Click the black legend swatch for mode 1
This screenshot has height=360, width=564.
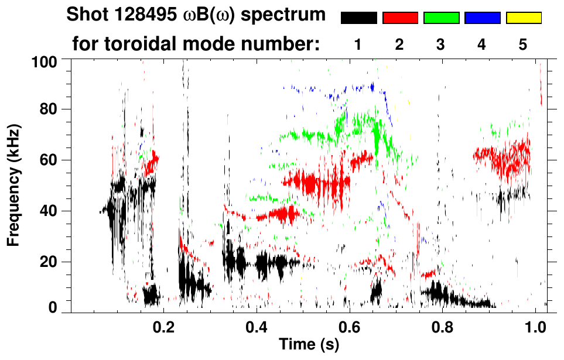pyautogui.click(x=358, y=18)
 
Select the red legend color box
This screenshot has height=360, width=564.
pyautogui.click(x=400, y=18)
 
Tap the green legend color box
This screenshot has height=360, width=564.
pyautogui.click(x=441, y=18)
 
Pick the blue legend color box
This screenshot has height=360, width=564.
pyautogui.click(x=482, y=18)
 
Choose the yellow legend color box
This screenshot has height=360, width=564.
pyautogui.click(x=524, y=18)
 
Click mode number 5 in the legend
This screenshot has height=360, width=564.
pyautogui.click(x=524, y=44)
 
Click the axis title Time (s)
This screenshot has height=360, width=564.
pyautogui.click(x=308, y=345)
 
